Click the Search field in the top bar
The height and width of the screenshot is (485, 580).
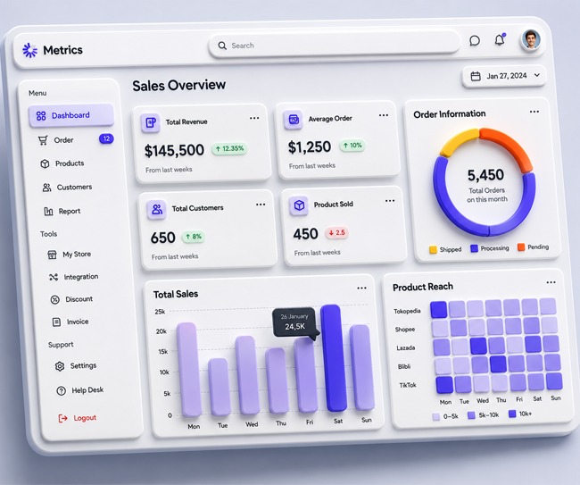click(x=334, y=46)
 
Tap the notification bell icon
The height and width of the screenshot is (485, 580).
click(x=500, y=39)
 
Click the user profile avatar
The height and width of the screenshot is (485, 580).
click(x=531, y=39)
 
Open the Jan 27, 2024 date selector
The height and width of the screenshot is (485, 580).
click(x=504, y=76)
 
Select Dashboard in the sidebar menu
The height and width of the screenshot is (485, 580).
click(x=71, y=115)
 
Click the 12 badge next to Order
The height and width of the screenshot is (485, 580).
click(x=106, y=138)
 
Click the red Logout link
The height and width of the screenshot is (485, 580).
click(x=78, y=418)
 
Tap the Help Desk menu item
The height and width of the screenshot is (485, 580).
click(x=80, y=390)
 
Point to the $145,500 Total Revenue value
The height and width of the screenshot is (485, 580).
click(x=174, y=150)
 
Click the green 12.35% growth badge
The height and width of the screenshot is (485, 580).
click(x=229, y=148)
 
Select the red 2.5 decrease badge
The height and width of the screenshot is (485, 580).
click(x=337, y=232)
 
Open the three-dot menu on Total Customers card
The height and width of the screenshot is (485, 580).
click(x=261, y=205)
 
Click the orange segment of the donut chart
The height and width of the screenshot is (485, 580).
click(x=509, y=146)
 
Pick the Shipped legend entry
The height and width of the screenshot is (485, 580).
click(x=446, y=249)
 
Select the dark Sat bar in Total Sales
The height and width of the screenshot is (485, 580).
click(x=334, y=357)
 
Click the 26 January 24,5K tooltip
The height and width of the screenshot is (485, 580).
click(x=294, y=322)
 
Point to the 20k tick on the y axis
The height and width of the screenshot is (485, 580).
click(x=162, y=331)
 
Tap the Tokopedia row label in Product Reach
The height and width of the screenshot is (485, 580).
click(x=407, y=311)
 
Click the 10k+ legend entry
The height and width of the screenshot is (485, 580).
click(x=520, y=414)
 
